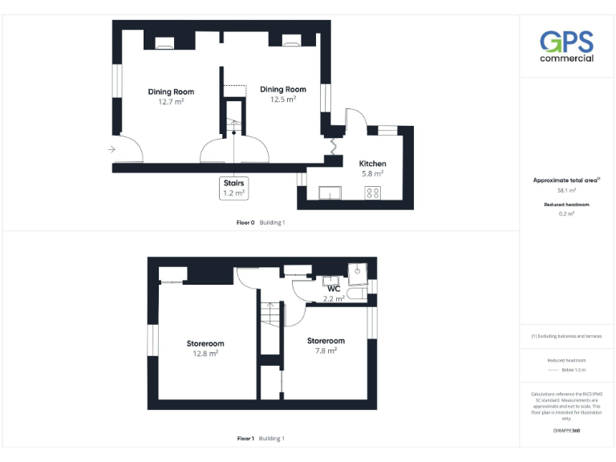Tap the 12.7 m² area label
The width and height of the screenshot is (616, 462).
pyautogui.click(x=171, y=102)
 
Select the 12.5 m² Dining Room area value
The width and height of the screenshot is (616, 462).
pyautogui.click(x=282, y=99)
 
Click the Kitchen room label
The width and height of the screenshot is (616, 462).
pyautogui.click(x=372, y=163)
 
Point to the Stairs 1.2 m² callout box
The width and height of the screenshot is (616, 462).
pyautogui.click(x=233, y=188)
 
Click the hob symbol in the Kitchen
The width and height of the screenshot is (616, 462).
pyautogui.click(x=373, y=192)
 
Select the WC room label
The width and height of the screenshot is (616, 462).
pyautogui.click(x=334, y=289)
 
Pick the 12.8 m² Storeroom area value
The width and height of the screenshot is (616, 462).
pyautogui.click(x=205, y=352)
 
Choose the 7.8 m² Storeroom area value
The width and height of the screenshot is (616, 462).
pyautogui.click(x=325, y=351)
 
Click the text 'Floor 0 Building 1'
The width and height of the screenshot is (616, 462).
pyautogui.click(x=261, y=222)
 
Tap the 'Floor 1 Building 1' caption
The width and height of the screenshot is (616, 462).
pyautogui.click(x=261, y=439)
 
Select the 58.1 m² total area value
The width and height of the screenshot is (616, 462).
pyautogui.click(x=566, y=191)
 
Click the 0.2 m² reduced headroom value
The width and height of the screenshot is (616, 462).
pyautogui.click(x=566, y=214)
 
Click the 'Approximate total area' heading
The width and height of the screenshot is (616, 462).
pyautogui.click(x=566, y=180)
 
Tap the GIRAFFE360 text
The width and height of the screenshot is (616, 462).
pyautogui.click(x=566, y=432)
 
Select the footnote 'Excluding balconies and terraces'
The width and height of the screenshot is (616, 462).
pyautogui.click(x=566, y=336)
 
